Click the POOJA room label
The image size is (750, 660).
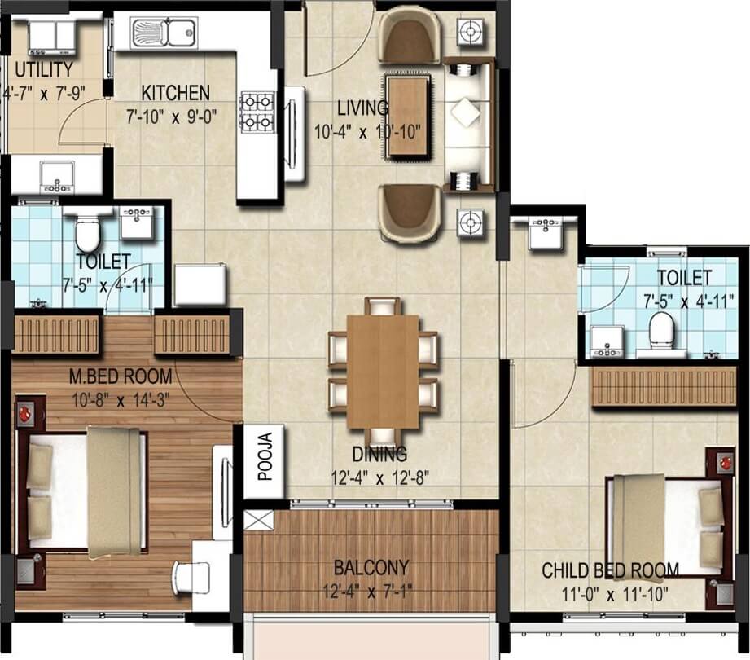pyautogui.click(x=265, y=461)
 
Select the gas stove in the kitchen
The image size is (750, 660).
pyautogui.click(x=256, y=112)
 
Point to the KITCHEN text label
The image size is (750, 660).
pyautogui.click(x=175, y=92)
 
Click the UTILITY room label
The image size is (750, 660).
pyautogui.click(x=38, y=69)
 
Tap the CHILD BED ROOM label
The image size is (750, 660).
pyautogui.click(x=611, y=570)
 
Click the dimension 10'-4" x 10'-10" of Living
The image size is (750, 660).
pyautogui.click(x=372, y=130)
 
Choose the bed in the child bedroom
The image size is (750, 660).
pyautogui.click(x=664, y=526)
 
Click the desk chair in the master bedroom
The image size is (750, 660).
pyautogui.click(x=190, y=577)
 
